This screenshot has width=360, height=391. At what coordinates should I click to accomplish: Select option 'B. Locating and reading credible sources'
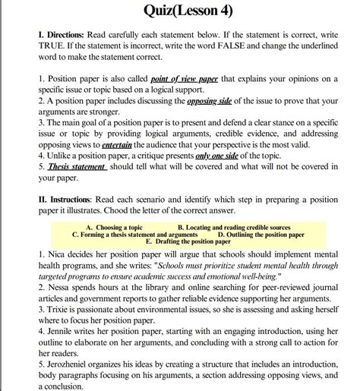coord(233,227)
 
